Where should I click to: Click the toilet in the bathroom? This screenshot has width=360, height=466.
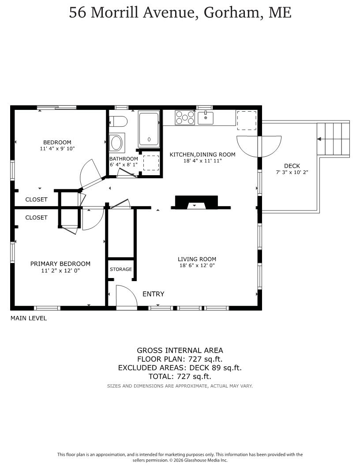tap(118, 121)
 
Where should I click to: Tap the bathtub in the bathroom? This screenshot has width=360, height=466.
tap(149, 129)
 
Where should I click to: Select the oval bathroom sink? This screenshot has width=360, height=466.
tap(116, 143)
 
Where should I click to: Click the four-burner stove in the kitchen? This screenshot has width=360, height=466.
tap(185, 117)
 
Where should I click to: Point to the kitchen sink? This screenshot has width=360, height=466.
tap(206, 118)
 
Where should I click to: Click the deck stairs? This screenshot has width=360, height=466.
tap(333, 139)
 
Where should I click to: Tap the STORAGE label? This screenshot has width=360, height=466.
tap(121, 269)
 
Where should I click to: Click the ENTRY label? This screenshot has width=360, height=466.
tap(153, 294)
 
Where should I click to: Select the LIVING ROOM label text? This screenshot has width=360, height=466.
tap(197, 259)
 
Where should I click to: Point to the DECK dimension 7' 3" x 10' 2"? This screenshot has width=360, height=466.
tap(292, 172)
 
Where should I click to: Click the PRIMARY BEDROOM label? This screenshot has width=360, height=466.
tap(60, 263)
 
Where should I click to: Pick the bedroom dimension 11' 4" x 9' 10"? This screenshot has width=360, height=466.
tap(57, 149)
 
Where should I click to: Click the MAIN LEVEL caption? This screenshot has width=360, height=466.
tap(29, 318)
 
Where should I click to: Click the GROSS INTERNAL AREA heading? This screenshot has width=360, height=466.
tap(180, 350)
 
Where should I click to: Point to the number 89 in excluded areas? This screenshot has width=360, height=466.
tap(216, 368)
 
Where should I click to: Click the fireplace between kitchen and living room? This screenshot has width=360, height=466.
tap(197, 202)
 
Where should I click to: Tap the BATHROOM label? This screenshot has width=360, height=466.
tap(124, 159)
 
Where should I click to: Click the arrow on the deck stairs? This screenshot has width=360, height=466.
tap(319, 139)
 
